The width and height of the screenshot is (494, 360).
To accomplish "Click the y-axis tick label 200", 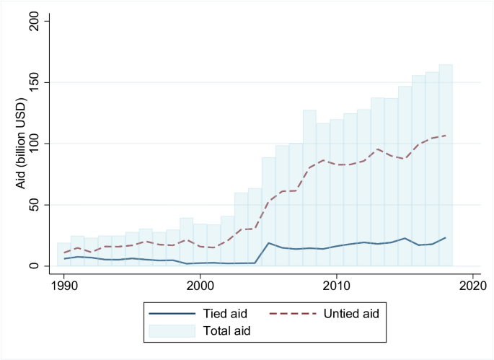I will [33, 22].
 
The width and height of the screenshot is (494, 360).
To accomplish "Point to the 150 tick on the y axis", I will [33, 83].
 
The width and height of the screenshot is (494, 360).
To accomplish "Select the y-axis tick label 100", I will [33, 144].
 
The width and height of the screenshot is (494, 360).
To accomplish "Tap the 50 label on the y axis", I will [36, 205].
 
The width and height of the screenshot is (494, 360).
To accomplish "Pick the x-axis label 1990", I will [64, 286].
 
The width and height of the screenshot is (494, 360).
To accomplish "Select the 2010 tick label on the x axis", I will [336, 286].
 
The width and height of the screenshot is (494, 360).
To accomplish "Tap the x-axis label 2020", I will [472, 286].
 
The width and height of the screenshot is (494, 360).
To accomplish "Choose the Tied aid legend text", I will [221, 313].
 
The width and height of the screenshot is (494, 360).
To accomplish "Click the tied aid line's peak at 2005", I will [268, 243].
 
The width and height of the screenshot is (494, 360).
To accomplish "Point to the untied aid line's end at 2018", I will [446, 136].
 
